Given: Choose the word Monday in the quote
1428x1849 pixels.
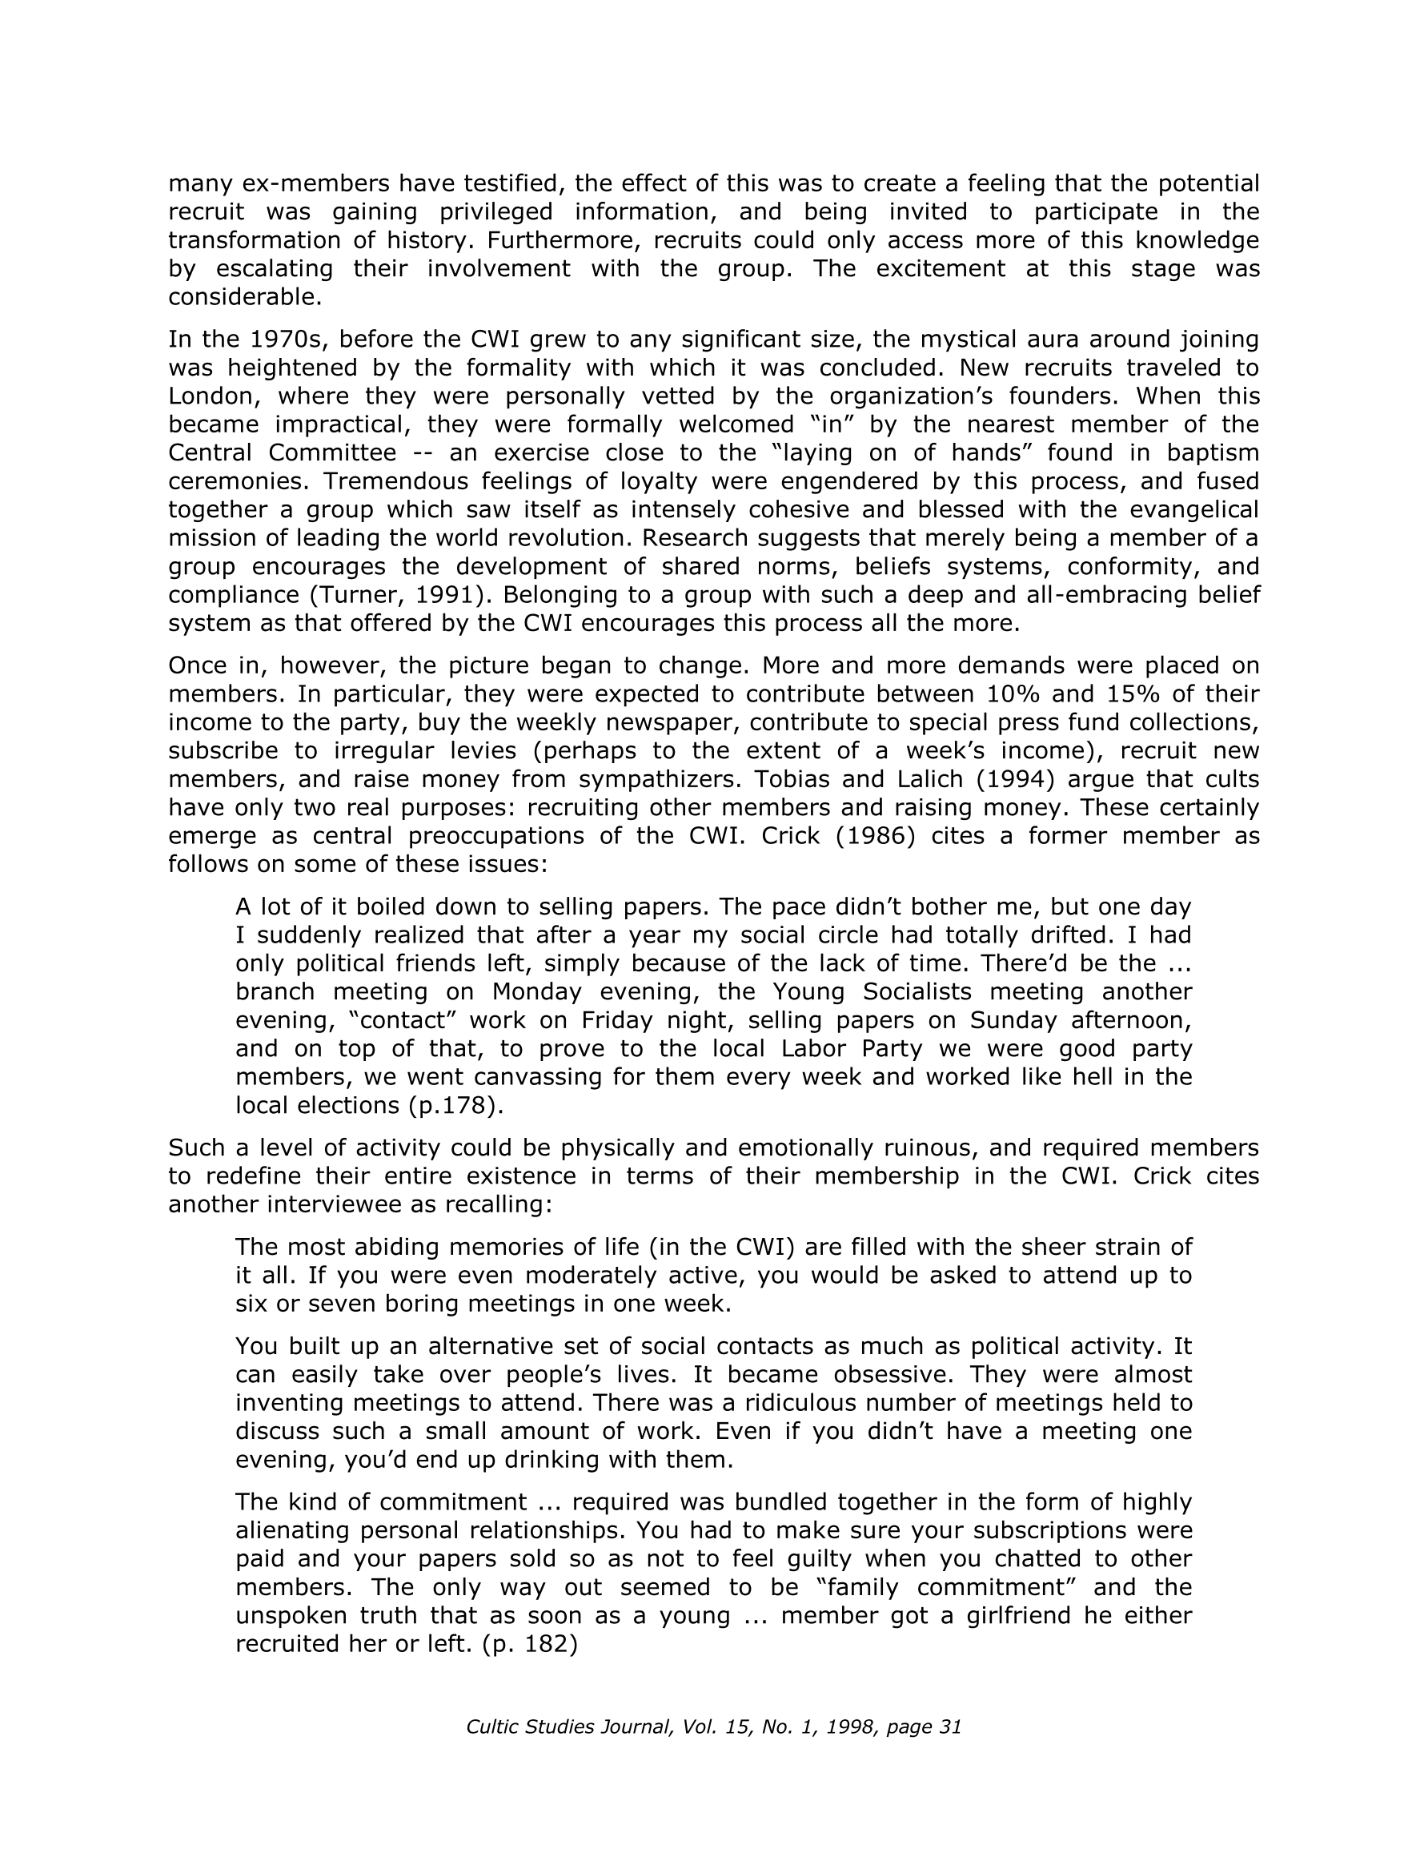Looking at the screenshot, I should (x=533, y=991).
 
